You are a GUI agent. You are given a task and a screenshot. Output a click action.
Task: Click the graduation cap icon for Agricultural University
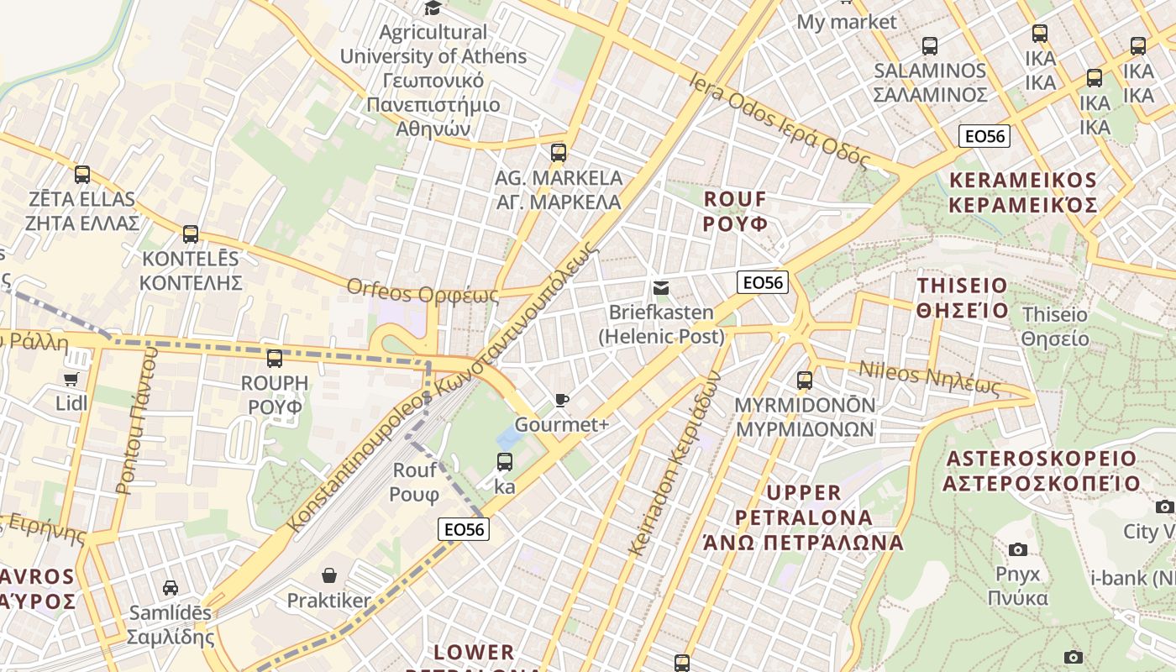tap(433, 8)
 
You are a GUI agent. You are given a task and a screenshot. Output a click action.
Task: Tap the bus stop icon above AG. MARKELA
tap(559, 153)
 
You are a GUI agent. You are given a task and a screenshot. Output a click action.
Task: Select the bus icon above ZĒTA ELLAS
tap(81, 175)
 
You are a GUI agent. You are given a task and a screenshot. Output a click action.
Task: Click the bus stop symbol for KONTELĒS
tap(191, 234)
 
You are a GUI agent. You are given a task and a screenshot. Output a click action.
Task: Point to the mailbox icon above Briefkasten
tap(661, 289)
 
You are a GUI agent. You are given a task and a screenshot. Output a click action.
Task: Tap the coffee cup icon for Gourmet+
tap(561, 401)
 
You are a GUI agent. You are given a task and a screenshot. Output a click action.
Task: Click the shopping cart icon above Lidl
tap(71, 380)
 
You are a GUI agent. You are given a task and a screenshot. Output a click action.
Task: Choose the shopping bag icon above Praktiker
tap(329, 575)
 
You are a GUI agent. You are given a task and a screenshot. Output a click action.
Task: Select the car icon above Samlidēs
tap(171, 587)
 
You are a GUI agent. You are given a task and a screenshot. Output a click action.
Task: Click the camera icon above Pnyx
tap(1018, 549)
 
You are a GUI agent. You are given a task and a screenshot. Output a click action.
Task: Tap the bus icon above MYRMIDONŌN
tap(805, 381)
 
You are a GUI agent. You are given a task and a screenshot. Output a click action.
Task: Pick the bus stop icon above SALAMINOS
tap(930, 46)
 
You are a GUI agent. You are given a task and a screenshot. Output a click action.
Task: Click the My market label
tap(847, 22)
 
